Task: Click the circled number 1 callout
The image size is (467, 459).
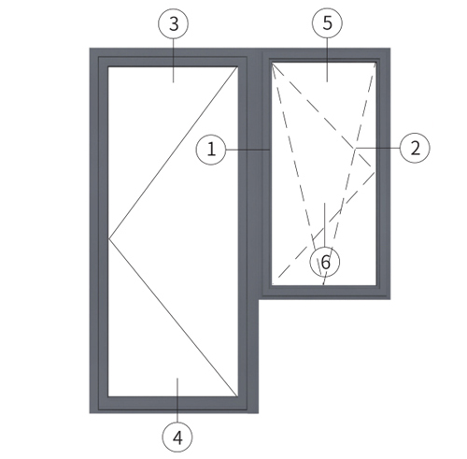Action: (x=211, y=150)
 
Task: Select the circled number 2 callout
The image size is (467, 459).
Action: (x=415, y=148)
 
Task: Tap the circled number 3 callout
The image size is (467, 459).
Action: (x=174, y=23)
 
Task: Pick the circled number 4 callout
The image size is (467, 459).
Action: (x=177, y=437)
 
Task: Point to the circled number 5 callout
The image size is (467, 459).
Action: (x=327, y=22)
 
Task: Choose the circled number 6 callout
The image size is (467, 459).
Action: (x=325, y=262)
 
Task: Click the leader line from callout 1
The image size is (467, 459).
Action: (x=248, y=150)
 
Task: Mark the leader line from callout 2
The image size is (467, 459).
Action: (x=378, y=148)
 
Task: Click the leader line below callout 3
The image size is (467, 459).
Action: (x=174, y=61)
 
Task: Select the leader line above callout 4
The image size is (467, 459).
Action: (x=177, y=400)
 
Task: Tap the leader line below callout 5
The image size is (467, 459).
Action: (x=327, y=60)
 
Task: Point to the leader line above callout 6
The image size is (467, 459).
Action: (x=325, y=225)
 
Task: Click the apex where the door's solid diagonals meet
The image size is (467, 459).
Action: (x=109, y=239)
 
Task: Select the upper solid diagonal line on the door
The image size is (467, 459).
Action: (x=173, y=153)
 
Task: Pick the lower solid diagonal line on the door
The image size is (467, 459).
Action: (x=173, y=318)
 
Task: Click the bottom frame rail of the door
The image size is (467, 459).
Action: (x=173, y=405)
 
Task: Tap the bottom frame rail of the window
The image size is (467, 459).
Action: (x=325, y=292)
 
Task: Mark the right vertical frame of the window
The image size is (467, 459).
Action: (x=383, y=174)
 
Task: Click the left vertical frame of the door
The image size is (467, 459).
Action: (x=99, y=231)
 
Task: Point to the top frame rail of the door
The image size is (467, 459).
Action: (x=173, y=58)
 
